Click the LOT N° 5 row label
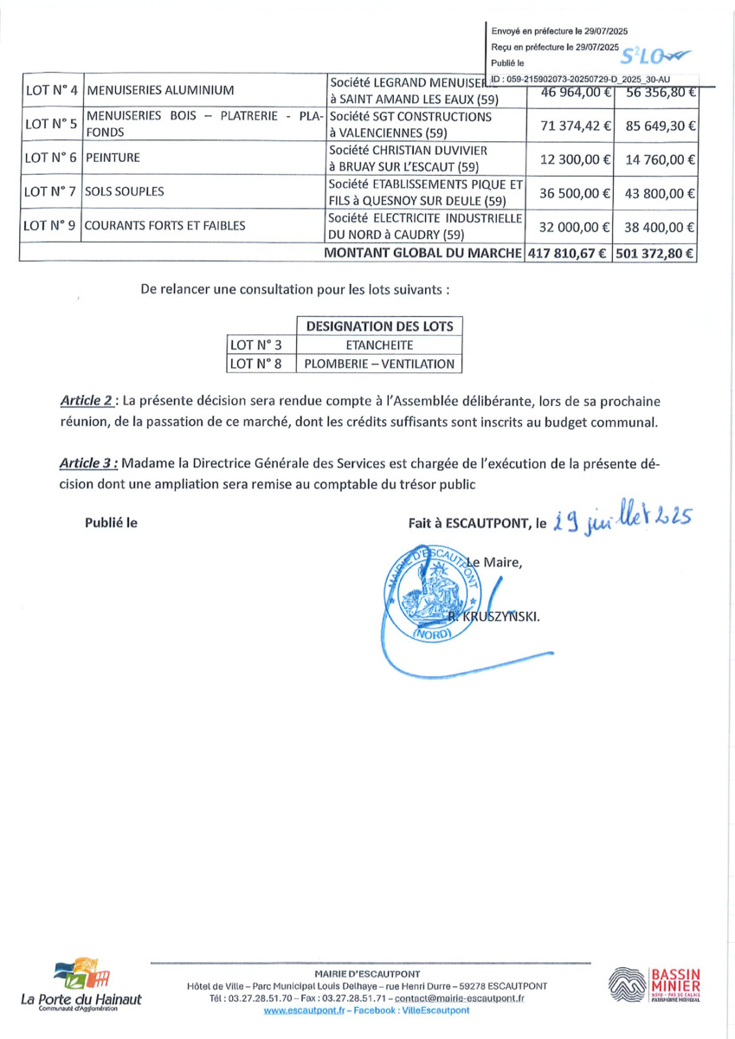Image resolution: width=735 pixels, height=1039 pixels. pyautogui.click(x=50, y=125)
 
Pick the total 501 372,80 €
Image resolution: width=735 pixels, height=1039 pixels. pyautogui.click(x=656, y=254)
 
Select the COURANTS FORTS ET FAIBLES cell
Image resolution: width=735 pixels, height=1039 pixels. pyautogui.click(x=165, y=227)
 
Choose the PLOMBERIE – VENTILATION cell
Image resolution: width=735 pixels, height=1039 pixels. pyautogui.click(x=379, y=365)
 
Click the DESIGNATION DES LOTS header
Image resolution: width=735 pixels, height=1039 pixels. pyautogui.click(x=379, y=326)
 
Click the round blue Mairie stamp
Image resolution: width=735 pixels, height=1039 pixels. pyautogui.click(x=429, y=592)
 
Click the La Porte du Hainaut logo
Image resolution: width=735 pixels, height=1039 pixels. pyautogui.click(x=81, y=984)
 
